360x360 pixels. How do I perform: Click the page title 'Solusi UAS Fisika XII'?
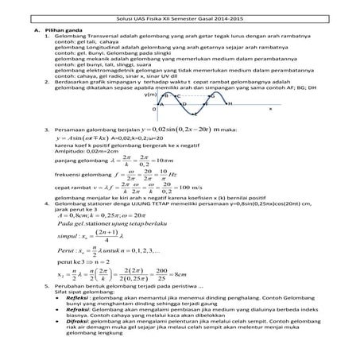(180, 6)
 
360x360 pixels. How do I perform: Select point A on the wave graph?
(162, 104)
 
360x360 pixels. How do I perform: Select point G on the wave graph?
(211, 95)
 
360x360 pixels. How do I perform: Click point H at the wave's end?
(229, 104)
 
